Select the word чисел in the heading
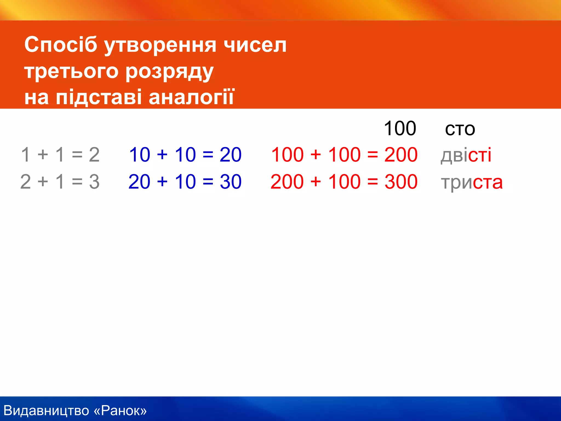click(255, 45)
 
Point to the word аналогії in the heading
click(191, 97)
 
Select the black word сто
click(460, 129)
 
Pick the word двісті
click(466, 155)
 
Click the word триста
click(472, 182)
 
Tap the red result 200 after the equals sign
click(401, 155)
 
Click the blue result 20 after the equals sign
click(230, 155)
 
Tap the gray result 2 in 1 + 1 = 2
click(94, 155)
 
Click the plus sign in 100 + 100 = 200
click(316, 155)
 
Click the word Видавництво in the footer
click(46, 411)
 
